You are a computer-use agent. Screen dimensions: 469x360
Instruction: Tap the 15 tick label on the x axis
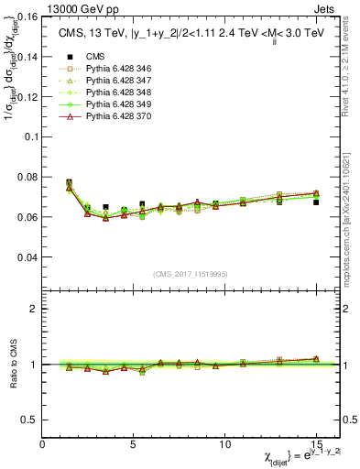316,443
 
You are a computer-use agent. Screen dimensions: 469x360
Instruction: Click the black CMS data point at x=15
316,202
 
